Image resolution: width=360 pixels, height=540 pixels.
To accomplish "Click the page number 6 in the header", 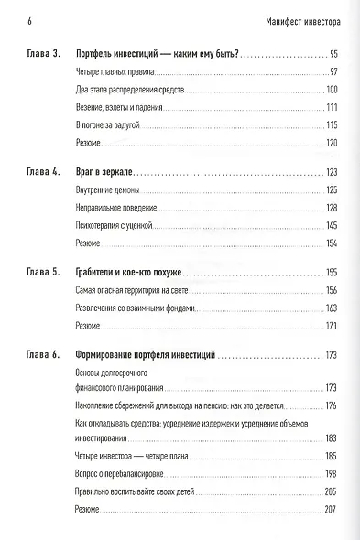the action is [19, 20].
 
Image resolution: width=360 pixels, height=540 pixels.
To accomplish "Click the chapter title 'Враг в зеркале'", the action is [104, 172].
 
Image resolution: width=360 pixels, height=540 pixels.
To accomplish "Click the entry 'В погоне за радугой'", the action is [102, 124].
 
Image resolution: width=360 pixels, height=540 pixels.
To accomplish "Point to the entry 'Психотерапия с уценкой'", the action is [109, 224].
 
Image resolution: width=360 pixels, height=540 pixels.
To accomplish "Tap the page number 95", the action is [333, 54].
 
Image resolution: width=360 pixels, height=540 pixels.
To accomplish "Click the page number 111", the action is [333, 107].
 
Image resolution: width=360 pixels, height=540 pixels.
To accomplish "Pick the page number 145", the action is [332, 225].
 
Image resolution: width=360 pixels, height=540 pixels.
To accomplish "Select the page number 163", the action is [332, 308].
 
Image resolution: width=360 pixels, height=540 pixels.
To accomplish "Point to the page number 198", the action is [332, 474].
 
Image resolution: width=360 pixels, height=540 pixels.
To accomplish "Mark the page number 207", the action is [332, 509].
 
